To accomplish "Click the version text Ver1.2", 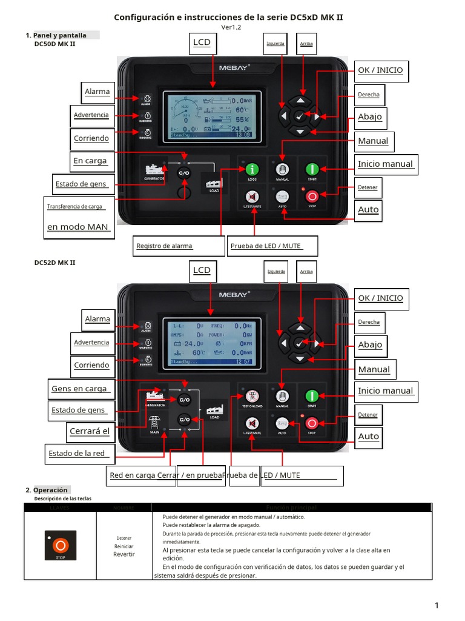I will [231, 27].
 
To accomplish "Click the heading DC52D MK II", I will [54, 262].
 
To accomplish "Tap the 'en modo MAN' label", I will [78, 227].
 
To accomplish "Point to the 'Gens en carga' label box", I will [80, 388].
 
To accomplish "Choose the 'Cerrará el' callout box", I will [90, 431].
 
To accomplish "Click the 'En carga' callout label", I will [91, 161].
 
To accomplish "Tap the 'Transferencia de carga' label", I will [76, 206].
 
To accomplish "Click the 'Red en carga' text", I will [132, 475].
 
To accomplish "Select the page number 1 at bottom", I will [435, 605].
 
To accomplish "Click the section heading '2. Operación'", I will [48, 490].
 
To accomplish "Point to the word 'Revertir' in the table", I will [124, 554].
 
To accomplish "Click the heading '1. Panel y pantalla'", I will [56, 35].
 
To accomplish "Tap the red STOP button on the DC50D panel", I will [312, 196].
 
